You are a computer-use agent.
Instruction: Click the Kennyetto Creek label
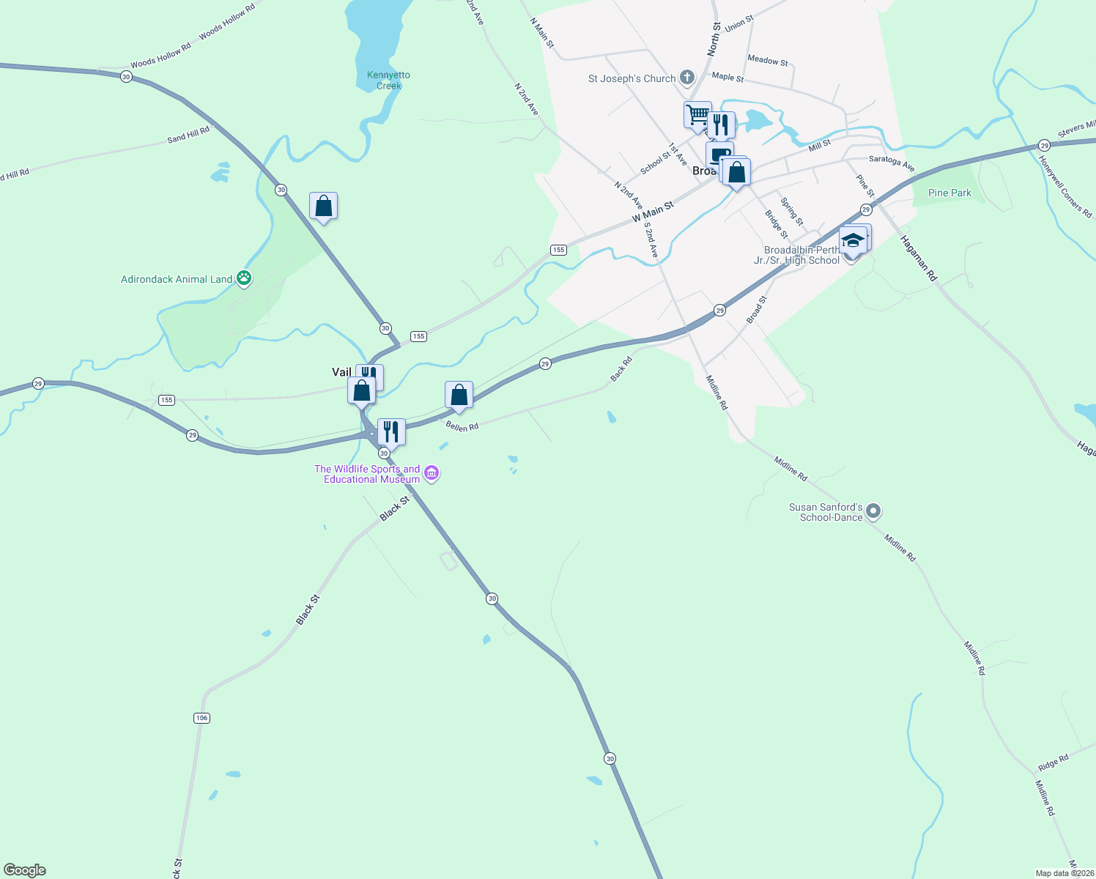(388, 81)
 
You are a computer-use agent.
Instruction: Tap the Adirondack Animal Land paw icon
(244, 278)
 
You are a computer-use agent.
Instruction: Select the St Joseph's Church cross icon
(687, 77)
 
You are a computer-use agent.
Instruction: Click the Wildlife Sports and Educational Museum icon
(432, 474)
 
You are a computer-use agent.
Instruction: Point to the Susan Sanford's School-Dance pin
(873, 511)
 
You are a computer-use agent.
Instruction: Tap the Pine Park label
(949, 193)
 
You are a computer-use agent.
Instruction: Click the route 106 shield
(202, 718)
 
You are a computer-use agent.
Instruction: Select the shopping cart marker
(697, 115)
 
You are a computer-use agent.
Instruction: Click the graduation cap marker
(853, 240)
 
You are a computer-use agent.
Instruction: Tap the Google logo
(25, 870)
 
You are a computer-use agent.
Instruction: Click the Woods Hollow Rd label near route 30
(160, 55)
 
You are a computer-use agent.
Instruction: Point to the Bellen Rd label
(462, 426)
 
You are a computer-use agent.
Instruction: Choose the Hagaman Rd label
(919, 259)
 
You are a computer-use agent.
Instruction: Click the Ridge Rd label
(1053, 763)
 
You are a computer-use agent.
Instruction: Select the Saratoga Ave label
(892, 163)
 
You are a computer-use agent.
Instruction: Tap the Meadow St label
(768, 61)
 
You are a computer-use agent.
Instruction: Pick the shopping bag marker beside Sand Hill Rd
(323, 207)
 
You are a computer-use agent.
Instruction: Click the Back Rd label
(621, 368)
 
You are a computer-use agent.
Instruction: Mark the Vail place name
(341, 372)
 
